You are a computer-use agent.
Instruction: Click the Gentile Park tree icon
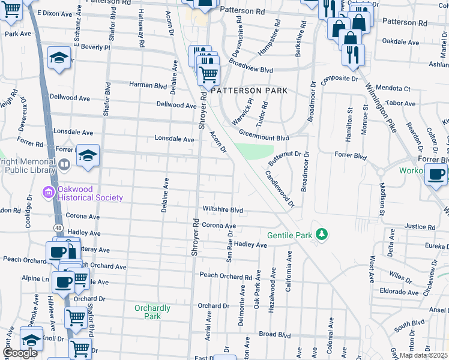pyautogui.click(x=322, y=234)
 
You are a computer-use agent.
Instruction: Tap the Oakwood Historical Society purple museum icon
pyautogui.click(x=47, y=193)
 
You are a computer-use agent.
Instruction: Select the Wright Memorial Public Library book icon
pyautogui.click(x=64, y=164)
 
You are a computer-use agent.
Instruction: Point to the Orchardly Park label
pyautogui.click(x=152, y=312)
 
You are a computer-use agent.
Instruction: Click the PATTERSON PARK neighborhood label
pyautogui.click(x=249, y=90)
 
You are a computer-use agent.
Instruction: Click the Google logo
pyautogui.click(x=20, y=353)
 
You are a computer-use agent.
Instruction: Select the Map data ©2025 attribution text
pyautogui.click(x=423, y=355)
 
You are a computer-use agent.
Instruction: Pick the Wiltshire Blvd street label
pyautogui.click(x=222, y=211)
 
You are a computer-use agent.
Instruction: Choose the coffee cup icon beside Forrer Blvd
pyautogui.click(x=436, y=175)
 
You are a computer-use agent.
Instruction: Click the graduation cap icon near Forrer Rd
pyautogui.click(x=88, y=156)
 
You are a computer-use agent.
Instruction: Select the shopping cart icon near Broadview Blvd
pyautogui.click(x=208, y=74)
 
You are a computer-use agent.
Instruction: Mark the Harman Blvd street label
pyautogui.click(x=152, y=85)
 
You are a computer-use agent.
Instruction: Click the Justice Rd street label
pyautogui.click(x=419, y=227)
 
